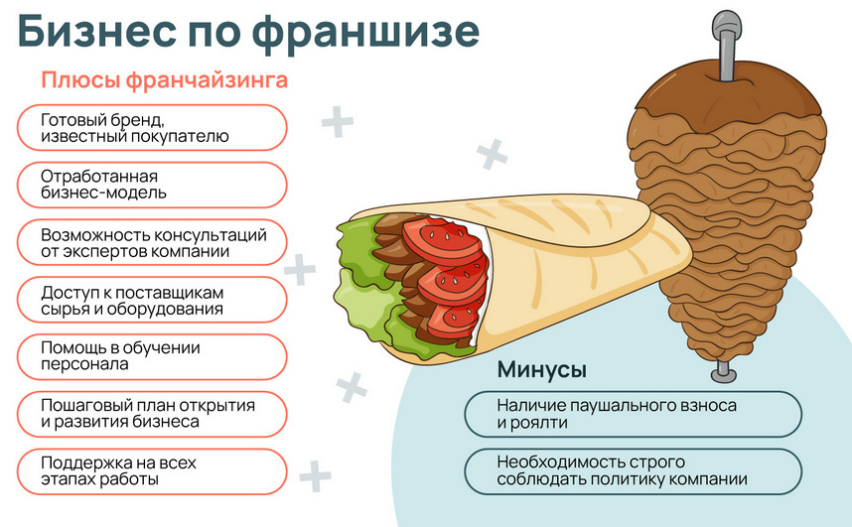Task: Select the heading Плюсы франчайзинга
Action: click(164, 79)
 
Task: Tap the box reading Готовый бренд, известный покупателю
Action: click(152, 128)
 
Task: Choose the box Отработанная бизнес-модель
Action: click(152, 185)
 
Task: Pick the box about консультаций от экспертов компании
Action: click(152, 242)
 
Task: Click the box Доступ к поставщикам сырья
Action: click(152, 300)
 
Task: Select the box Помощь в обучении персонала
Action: click(152, 356)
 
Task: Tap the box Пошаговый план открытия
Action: click(152, 413)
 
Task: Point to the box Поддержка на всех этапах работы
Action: click(152, 470)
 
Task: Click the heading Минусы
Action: click(541, 370)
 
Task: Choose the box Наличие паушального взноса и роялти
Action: click(633, 414)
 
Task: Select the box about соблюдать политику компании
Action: click(633, 471)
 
